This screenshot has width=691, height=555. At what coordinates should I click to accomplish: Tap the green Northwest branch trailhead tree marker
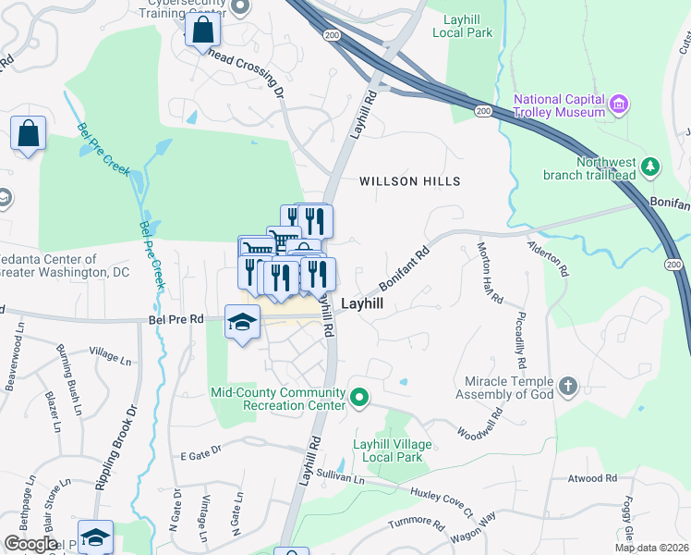[x=652, y=166]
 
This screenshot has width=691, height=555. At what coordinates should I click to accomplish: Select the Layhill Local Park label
[x=462, y=25]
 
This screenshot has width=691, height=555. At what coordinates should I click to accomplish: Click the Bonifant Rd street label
[x=405, y=268]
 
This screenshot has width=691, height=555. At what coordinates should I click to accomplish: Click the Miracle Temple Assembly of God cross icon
[x=568, y=385]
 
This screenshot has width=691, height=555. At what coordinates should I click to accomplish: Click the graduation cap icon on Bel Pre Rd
[x=243, y=321]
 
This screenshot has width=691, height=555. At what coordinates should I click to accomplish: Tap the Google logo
[x=30, y=544]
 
